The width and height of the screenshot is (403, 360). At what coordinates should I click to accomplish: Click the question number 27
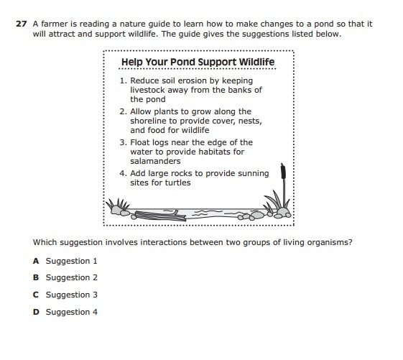[21, 24]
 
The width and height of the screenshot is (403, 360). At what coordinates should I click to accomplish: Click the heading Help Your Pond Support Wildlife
[198, 62]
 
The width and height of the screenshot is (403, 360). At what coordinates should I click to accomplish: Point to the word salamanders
[155, 161]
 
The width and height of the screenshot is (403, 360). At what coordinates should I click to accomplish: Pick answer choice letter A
[36, 261]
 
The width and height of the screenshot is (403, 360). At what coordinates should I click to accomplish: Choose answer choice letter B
[36, 277]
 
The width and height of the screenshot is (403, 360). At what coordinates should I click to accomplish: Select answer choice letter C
[36, 295]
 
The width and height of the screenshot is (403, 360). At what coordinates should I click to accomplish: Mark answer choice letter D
[36, 312]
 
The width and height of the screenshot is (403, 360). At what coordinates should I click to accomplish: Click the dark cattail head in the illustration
[283, 171]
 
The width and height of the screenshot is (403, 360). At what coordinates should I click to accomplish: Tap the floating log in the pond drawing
[160, 216]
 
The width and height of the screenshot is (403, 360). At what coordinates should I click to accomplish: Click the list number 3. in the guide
[123, 142]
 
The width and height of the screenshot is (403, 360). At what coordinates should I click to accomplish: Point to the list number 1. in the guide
[124, 80]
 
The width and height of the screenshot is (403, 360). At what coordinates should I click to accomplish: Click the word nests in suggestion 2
[250, 121]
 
